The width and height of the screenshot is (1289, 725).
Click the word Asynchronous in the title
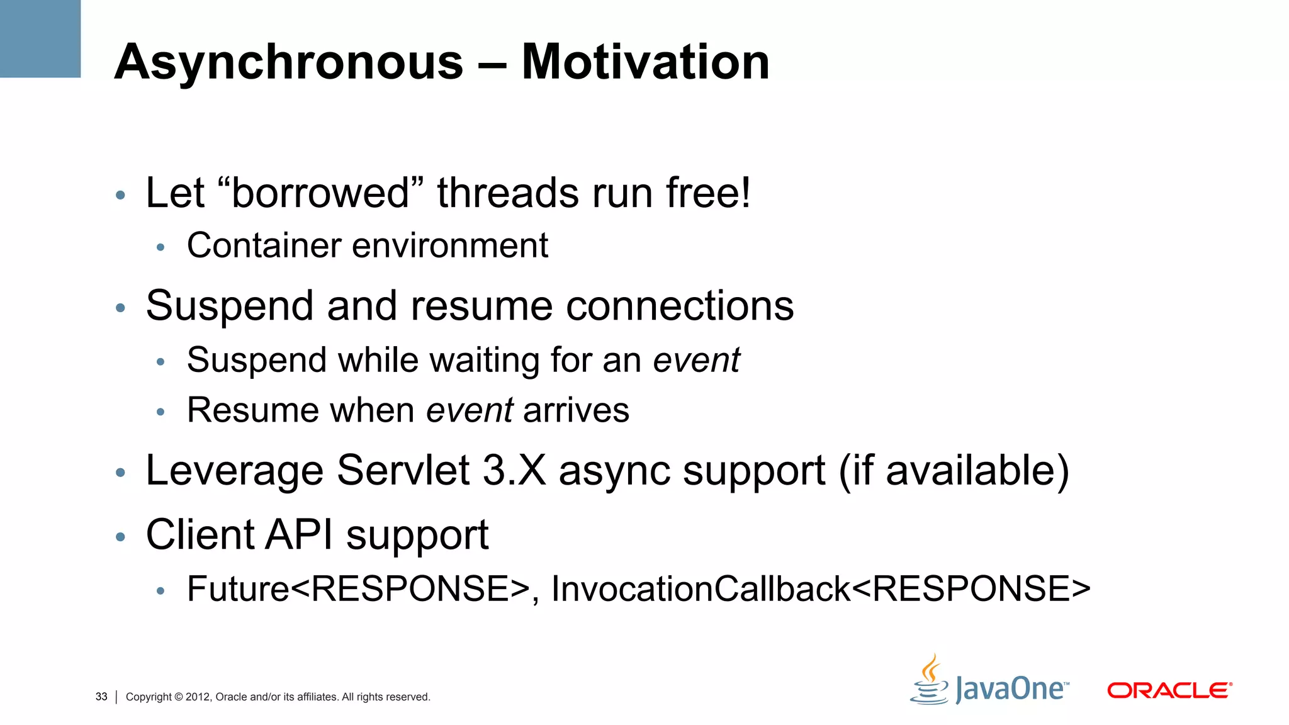(x=289, y=62)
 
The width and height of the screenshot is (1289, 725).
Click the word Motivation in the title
(x=645, y=62)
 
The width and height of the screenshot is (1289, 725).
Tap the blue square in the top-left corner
(x=40, y=38)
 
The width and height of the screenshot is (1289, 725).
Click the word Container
(x=264, y=245)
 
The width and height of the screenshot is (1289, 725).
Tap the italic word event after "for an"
(x=696, y=360)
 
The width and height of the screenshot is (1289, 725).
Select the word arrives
(x=576, y=410)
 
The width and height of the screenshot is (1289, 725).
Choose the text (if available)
(x=954, y=470)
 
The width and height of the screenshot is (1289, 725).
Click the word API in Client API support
(x=299, y=535)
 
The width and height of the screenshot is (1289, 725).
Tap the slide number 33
(x=101, y=697)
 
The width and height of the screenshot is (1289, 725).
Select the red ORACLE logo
(x=1169, y=690)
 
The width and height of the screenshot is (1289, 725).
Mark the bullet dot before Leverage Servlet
(x=121, y=473)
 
